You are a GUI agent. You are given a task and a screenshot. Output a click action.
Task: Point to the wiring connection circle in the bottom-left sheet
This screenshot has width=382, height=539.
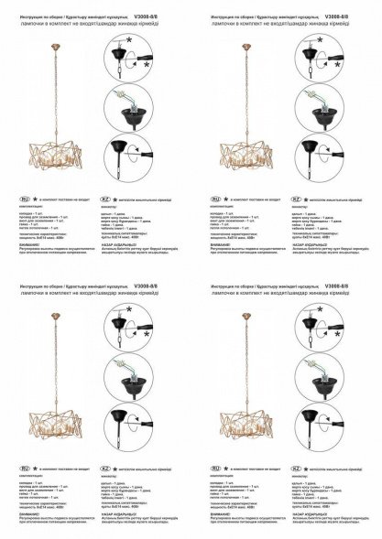tap(130, 375)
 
